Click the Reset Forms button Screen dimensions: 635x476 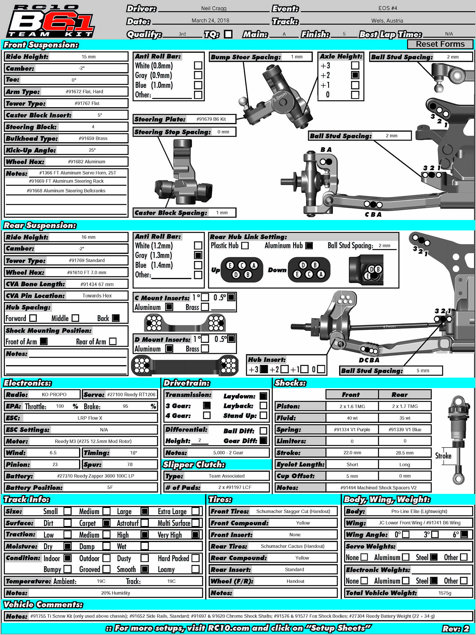point(440,44)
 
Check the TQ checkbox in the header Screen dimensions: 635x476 point(228,34)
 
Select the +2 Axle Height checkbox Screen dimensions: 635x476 point(355,75)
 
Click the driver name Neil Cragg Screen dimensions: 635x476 point(214,8)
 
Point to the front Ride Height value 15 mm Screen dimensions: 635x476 point(89,57)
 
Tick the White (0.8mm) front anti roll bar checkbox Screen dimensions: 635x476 point(198,65)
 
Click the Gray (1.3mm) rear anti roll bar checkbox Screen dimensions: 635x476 point(198,255)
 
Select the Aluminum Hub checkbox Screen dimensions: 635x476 point(309,245)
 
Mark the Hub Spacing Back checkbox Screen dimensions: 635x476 point(116,318)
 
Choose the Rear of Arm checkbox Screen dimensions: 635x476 point(113,341)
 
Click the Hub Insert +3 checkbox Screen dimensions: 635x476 point(264,369)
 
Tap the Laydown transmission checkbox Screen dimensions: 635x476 point(263,396)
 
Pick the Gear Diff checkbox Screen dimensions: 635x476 point(263,441)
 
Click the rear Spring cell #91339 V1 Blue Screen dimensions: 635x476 point(405,429)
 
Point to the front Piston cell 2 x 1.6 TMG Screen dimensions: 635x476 point(352,406)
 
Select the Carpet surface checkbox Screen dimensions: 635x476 point(106,523)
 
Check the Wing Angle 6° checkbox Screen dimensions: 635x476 point(464,534)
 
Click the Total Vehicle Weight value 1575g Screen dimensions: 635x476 point(445,593)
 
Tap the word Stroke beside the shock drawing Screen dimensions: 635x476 point(443,456)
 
